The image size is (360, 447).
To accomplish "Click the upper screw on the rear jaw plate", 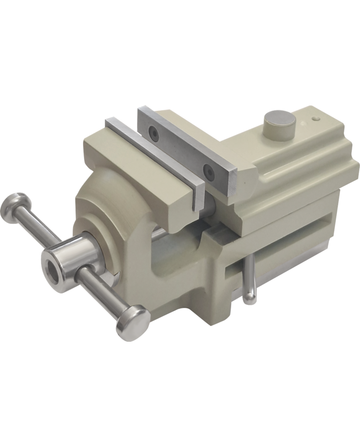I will pos(154,131).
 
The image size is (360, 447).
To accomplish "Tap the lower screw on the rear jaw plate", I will pos(208,170).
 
